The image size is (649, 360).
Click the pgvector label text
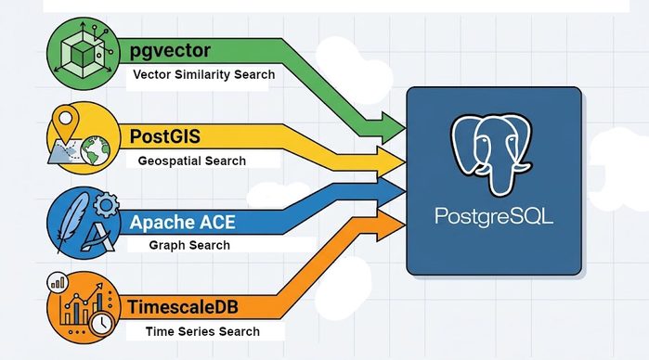170,51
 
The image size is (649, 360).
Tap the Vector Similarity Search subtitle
204,74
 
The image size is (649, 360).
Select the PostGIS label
165,136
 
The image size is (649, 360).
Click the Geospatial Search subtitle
192,161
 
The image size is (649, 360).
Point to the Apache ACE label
183,222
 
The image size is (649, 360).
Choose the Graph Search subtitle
189,245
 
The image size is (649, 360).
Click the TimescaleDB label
183,307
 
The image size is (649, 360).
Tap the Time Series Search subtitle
202,331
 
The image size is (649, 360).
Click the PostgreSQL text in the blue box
494,216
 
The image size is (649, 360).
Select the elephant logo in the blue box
492,154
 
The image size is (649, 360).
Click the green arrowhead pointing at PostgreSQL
393,128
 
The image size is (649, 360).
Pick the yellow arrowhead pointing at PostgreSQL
391,161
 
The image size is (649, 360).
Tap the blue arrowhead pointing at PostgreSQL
391,191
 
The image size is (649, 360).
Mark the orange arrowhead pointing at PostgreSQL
391,225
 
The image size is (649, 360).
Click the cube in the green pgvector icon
84,54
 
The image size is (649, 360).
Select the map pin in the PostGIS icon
65,122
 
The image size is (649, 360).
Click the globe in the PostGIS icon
96,151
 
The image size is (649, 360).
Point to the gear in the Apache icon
107,205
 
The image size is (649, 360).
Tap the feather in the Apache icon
72,222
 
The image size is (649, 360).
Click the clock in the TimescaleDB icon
102,324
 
